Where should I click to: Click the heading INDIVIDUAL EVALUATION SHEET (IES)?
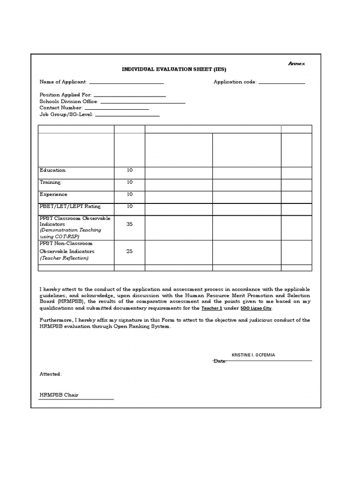(x=174, y=69)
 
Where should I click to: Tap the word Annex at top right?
(x=296, y=63)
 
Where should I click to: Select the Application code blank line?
(x=282, y=83)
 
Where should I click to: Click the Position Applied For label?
(x=66, y=95)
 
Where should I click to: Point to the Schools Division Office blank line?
(x=143, y=102)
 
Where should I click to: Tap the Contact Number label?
(x=61, y=108)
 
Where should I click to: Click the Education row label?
(x=52, y=170)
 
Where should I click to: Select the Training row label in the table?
(x=50, y=182)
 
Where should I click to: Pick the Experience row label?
(x=53, y=194)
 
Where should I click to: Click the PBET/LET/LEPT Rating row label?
(x=70, y=206)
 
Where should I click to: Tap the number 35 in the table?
(x=130, y=224)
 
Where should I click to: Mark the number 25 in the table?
(x=130, y=251)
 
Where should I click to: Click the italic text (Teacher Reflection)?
(x=64, y=258)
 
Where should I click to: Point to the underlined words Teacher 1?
(x=211, y=308)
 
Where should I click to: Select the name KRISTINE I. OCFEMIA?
(x=254, y=355)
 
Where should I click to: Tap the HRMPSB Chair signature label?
(x=59, y=395)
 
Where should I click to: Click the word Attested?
(x=50, y=374)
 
